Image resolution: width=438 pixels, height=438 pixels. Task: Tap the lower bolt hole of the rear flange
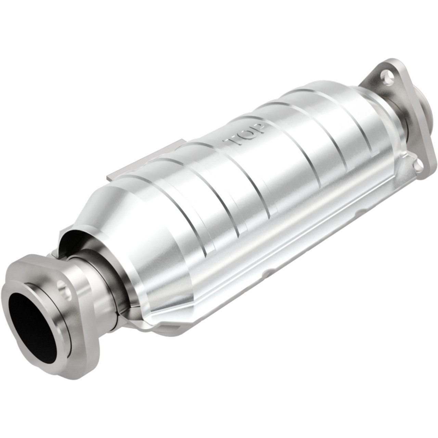tap(417, 165)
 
